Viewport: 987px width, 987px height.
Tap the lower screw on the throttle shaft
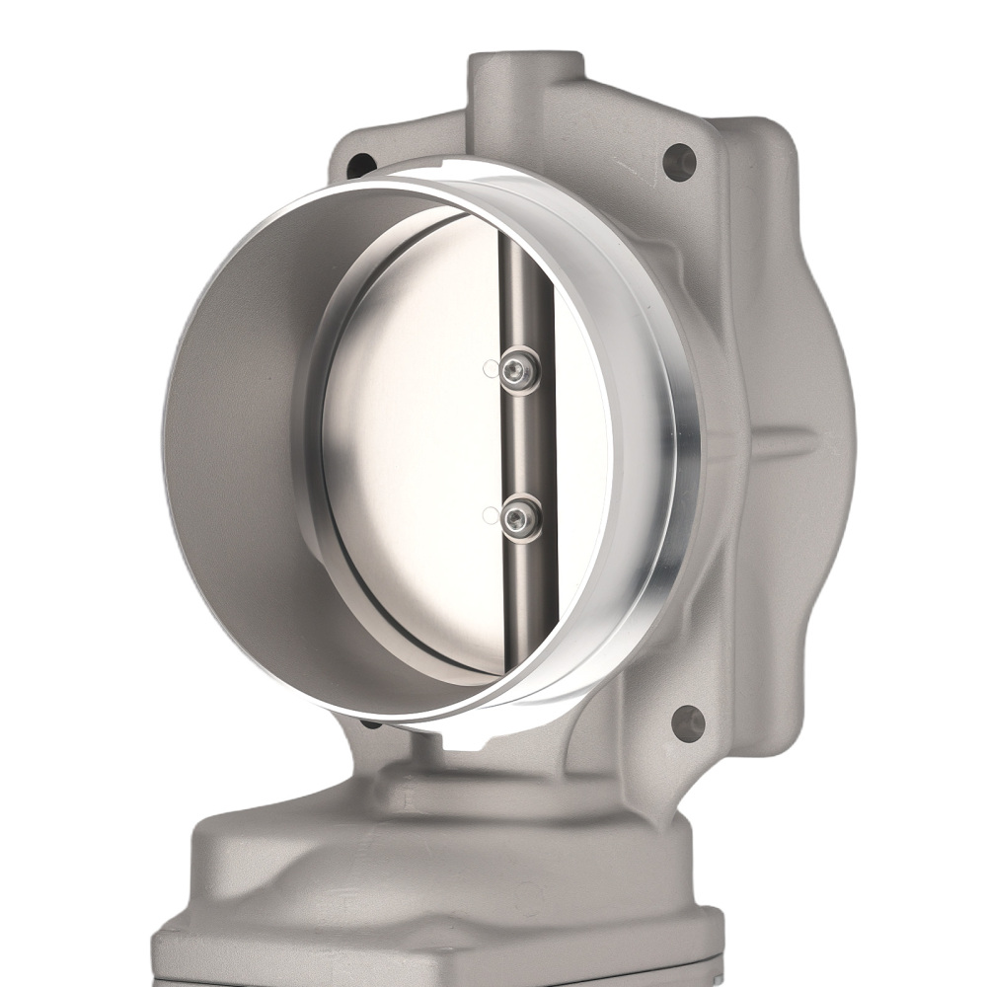click(x=519, y=517)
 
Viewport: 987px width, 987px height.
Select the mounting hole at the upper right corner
click(x=679, y=161)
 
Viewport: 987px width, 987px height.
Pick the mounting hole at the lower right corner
click(x=687, y=722)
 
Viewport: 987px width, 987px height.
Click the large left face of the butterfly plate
click(x=415, y=444)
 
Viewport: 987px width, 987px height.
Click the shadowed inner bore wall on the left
click(x=237, y=444)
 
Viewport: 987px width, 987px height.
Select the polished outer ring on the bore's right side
click(x=671, y=444)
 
